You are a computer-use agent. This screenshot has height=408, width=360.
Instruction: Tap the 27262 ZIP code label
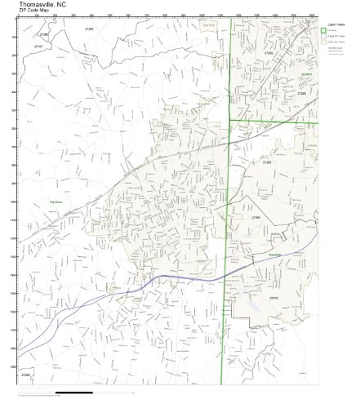pos(269,53)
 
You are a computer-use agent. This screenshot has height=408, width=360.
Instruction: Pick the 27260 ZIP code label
pos(302,95)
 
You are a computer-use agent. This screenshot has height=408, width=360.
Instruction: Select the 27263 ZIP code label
pos(267,162)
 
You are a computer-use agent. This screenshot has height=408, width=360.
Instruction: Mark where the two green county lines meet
pos(229,121)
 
